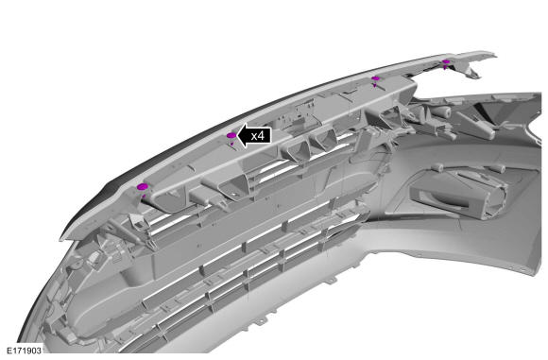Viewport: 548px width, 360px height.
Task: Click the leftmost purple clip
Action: pyautogui.click(x=142, y=187)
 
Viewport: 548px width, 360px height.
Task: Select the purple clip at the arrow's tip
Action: pyautogui.click(x=231, y=136)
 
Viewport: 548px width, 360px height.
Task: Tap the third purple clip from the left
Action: pyautogui.click(x=375, y=79)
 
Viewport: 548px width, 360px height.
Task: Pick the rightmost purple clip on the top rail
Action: pyautogui.click(x=446, y=62)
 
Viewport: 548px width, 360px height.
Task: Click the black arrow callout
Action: pyautogui.click(x=254, y=136)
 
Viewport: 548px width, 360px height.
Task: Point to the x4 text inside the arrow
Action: pyautogui.click(x=258, y=136)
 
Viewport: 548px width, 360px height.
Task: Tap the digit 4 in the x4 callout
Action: pyautogui.click(x=261, y=136)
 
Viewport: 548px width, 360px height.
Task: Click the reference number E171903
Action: pyautogui.click(x=25, y=351)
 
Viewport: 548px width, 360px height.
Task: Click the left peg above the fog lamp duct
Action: pyautogui.click(x=439, y=168)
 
